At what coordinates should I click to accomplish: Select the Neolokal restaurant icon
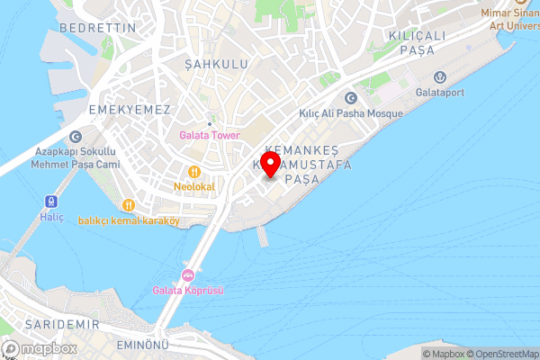pos(193,172)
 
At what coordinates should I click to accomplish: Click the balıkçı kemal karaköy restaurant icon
pos(130,205)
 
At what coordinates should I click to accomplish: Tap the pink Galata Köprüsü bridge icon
pos(188,274)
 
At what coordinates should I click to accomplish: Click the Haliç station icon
pos(50,201)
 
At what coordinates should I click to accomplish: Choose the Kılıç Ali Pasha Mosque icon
pos(350,99)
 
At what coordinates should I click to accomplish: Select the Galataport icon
pos(440,76)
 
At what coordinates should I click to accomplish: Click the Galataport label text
pos(439,91)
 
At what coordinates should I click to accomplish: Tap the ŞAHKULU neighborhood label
pos(215,64)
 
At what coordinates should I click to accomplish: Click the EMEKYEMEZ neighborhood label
pos(130,108)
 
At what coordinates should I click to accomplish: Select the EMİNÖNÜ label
pos(145,346)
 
